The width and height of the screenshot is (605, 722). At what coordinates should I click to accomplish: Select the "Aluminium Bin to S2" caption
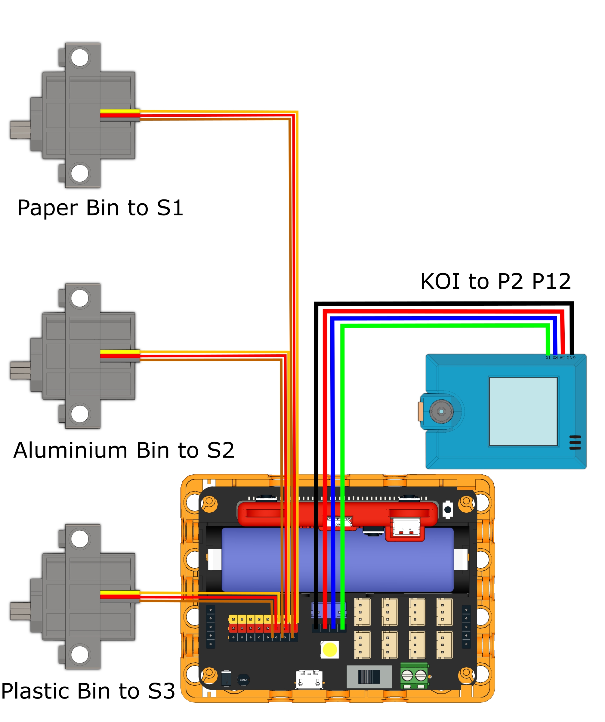(x=124, y=450)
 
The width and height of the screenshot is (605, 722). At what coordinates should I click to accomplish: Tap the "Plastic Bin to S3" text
(x=88, y=691)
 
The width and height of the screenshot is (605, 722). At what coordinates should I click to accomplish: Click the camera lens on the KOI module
(x=441, y=411)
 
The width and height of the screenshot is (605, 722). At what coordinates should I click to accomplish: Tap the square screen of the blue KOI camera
(x=523, y=411)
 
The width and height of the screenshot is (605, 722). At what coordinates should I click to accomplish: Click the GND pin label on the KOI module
(x=571, y=358)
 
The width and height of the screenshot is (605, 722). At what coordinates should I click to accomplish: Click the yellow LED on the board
(x=330, y=649)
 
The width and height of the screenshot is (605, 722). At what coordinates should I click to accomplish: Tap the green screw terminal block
(x=414, y=675)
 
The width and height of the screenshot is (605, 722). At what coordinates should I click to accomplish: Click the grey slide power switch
(x=369, y=677)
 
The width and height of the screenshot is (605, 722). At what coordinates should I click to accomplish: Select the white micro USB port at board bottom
(x=309, y=679)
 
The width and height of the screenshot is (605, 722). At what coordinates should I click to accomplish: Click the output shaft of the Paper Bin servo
(x=20, y=130)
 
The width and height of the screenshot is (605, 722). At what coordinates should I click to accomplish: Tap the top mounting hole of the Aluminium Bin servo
(x=80, y=298)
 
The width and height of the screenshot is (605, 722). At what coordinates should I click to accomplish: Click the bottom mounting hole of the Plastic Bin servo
(x=80, y=654)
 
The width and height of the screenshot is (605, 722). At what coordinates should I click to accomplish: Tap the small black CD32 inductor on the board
(x=243, y=679)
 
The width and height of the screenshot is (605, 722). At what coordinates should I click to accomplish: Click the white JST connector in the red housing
(x=406, y=527)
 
